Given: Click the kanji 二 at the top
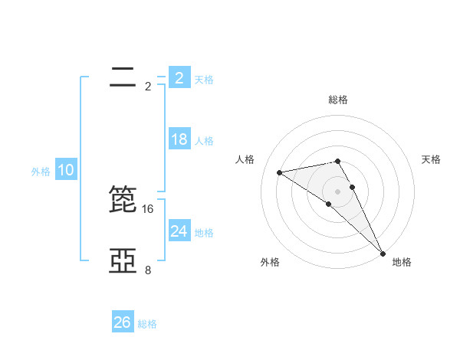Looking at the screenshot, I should [123, 77].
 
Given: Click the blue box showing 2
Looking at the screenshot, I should [179, 77].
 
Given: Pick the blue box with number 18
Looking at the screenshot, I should [179, 139].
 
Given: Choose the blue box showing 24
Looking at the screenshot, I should [179, 231].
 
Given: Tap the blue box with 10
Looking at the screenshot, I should [66, 170].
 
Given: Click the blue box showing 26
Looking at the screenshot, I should [123, 322].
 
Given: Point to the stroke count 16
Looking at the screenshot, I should [149, 208].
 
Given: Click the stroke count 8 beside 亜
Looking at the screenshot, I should [148, 270].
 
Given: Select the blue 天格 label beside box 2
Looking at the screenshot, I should [204, 79].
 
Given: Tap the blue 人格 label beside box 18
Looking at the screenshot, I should [204, 141].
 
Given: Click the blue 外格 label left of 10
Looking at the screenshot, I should [41, 172].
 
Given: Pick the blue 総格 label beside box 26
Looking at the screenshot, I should [147, 324].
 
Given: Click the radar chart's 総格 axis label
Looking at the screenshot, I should [338, 100].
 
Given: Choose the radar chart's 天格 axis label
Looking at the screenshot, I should [431, 159].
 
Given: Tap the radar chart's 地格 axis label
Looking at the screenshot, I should [402, 262].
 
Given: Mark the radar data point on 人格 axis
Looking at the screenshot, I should [279, 172].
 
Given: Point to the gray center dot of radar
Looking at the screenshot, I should [337, 191].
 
